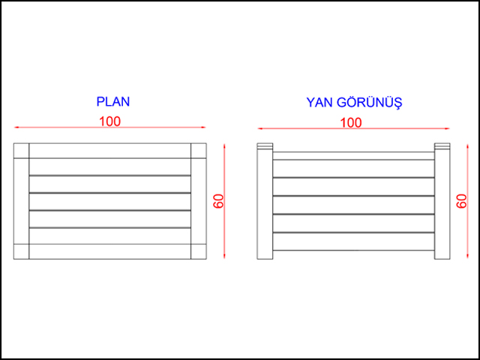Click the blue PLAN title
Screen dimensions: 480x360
113,102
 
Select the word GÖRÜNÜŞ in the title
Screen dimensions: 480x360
370,102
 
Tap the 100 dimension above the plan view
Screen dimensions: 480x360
110,121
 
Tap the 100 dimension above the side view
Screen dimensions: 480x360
351,123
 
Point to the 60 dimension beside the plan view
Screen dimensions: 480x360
219,201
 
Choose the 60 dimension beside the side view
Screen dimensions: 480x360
462,201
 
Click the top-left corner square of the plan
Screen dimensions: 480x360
21,151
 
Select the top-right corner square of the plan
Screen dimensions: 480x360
199,151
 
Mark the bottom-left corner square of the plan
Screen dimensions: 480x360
21,252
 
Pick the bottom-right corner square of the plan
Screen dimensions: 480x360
199,252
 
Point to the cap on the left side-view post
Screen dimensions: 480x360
265,146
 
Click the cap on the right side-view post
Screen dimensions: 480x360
442,146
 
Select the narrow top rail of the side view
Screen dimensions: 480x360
353,156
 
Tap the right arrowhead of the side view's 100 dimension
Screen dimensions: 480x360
447,128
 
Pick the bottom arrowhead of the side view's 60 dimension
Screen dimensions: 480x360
467,255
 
